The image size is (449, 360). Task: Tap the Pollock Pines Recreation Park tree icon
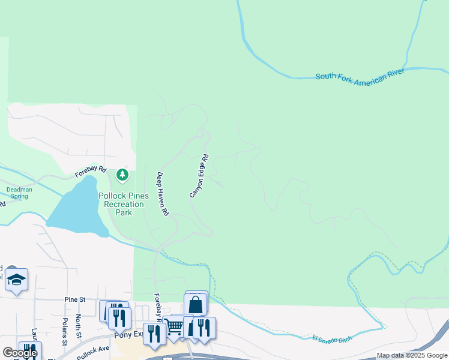pos(122,175)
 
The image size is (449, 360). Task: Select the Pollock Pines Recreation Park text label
pos(123,204)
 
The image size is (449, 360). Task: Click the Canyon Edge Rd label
pos(199,176)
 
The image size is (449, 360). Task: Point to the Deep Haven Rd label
pos(162,194)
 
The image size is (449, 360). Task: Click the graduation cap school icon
pos(17,280)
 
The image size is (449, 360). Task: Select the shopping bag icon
pos(195,304)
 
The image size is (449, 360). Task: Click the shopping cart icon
pos(174,327)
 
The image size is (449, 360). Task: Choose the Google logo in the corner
pos(19,353)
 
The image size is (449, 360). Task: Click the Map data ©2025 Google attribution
pos(412,356)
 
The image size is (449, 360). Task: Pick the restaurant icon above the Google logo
pos(29,350)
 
